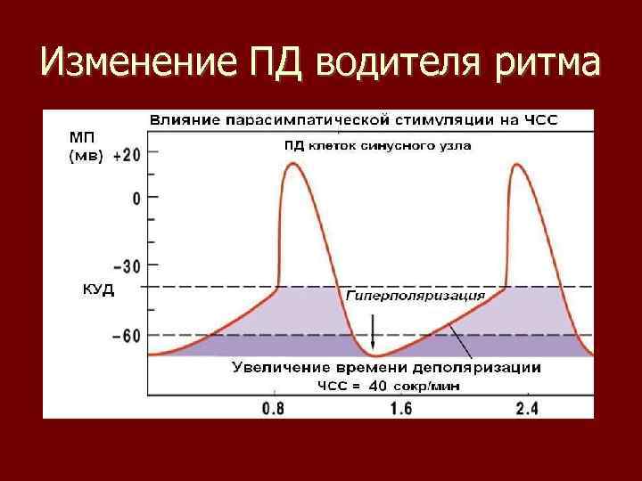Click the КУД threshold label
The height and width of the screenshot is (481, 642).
pos(92,290)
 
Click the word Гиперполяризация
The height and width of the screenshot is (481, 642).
pos(415,295)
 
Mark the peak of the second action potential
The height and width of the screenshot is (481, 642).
pos(521,166)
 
